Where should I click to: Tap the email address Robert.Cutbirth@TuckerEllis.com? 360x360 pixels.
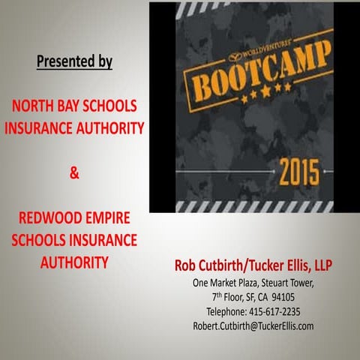pos(253,325)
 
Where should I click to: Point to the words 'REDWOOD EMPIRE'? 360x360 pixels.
pos(74,219)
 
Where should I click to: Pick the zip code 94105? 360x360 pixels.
pos(299,297)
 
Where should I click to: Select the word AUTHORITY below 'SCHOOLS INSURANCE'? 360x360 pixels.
pos(74,262)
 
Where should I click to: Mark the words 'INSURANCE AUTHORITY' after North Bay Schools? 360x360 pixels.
pos(74,127)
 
